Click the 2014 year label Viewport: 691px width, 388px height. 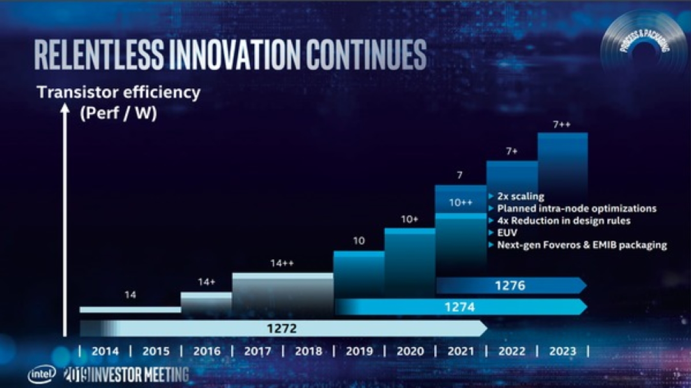[x=105, y=352]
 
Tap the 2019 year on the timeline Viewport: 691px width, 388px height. [x=359, y=352]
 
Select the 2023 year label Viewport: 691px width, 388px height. [x=562, y=352]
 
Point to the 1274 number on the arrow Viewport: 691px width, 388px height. [x=460, y=307]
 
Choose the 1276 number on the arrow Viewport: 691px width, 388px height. [x=510, y=285]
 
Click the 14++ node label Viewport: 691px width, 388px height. [x=282, y=263]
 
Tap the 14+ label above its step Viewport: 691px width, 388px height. [x=206, y=282]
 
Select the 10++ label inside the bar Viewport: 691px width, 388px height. [x=460, y=203]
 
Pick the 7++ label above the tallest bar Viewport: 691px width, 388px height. [x=562, y=124]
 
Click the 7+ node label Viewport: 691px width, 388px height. [x=512, y=152]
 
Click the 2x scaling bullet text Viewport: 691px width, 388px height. [x=520, y=197]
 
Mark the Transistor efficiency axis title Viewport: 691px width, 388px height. [x=118, y=93]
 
